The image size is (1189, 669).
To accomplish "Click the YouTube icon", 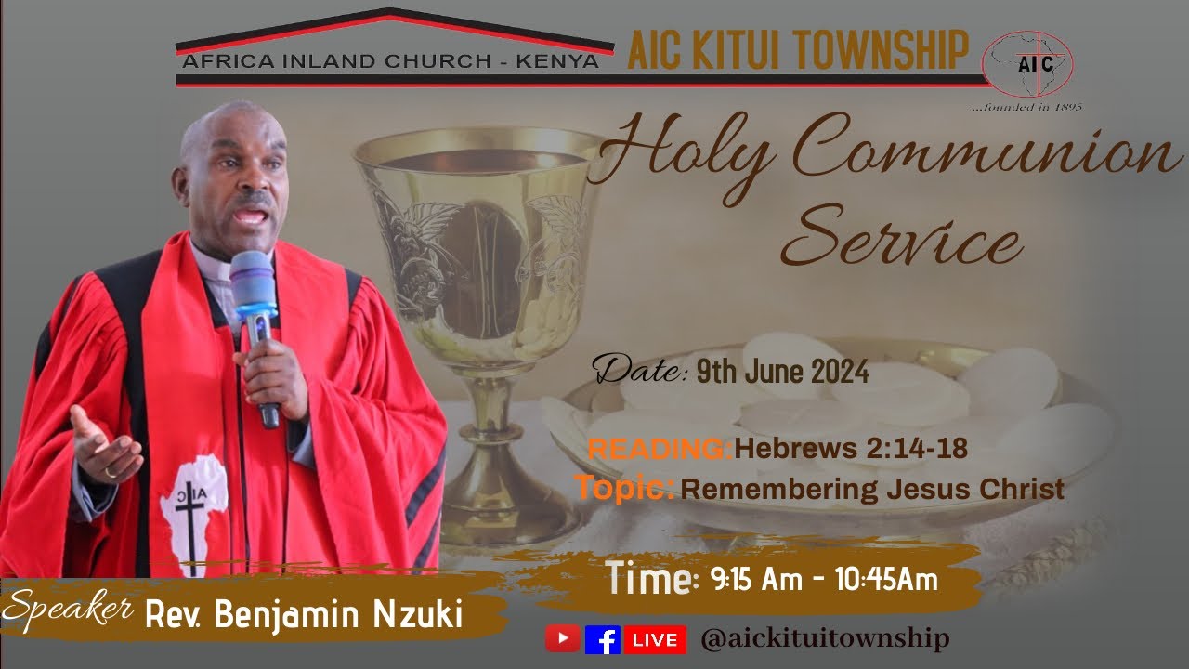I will (563, 639).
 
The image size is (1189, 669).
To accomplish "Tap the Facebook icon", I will (603, 639).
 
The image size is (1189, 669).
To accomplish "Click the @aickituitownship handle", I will (825, 639).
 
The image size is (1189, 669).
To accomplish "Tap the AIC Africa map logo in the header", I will (1032, 64).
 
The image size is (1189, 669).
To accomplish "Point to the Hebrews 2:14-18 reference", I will (851, 449).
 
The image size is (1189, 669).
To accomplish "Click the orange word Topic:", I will (624, 487).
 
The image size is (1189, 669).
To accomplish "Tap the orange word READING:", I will (660, 450).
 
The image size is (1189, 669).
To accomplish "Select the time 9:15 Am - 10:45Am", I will (823, 580).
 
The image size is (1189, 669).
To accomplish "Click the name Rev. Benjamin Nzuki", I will (303, 614).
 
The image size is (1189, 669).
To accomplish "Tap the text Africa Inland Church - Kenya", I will (391, 62).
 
